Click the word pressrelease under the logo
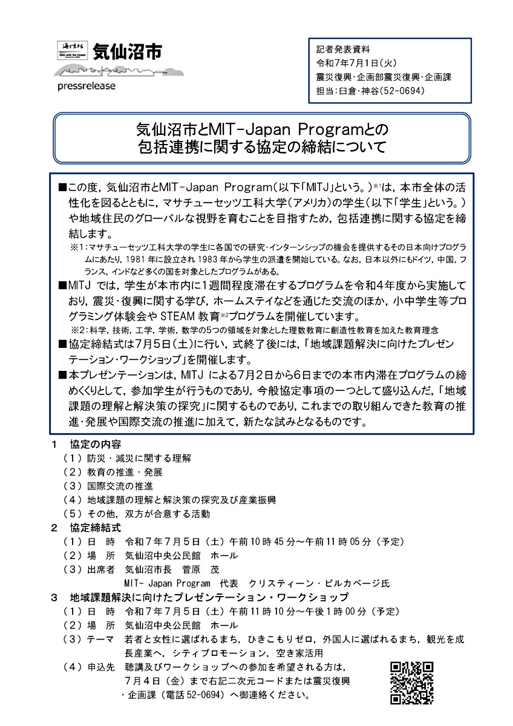click(86, 85)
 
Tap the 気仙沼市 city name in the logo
click(127, 51)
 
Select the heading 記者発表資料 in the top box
click(343, 50)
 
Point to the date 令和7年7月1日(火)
click(356, 63)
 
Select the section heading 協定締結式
click(96, 528)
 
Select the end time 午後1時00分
click(334, 610)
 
